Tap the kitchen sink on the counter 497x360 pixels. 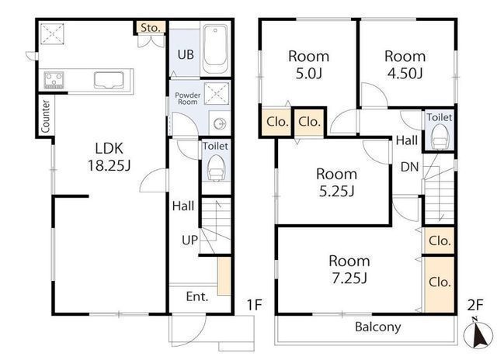pos(109,80)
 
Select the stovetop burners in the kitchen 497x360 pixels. pos(54,80)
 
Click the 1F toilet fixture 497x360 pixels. pos(217,168)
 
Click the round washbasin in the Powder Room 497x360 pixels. pos(220,123)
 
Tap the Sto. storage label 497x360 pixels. pos(150,28)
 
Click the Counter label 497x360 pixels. pos(46,116)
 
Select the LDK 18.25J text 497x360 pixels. pos(109,157)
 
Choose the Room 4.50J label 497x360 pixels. pos(405,64)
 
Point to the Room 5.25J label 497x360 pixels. pos(336,182)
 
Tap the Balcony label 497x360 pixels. pos(378,327)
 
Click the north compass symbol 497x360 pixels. pos(478,334)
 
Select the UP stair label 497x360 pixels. pos(189,241)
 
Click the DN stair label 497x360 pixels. pos(409,167)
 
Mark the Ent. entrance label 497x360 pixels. pos(197,296)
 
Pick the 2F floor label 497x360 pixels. pos(475,305)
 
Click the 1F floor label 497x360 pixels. pos(254,305)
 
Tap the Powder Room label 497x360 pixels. pos(188,99)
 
